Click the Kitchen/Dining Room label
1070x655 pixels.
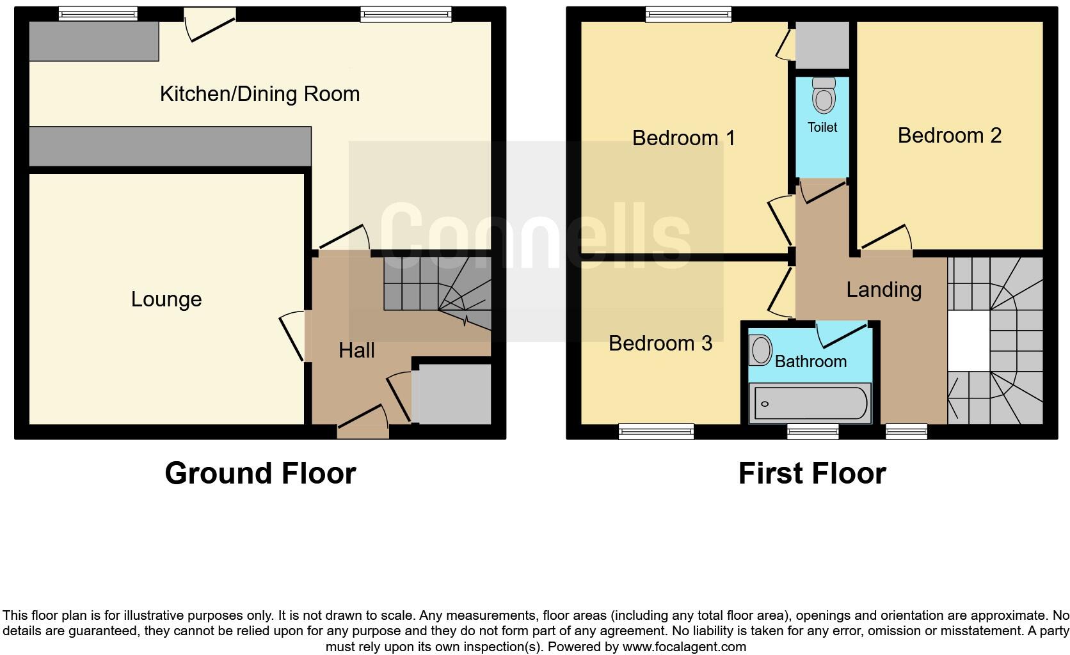point(259,94)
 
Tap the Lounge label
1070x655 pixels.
point(166,299)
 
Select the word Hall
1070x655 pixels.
point(356,350)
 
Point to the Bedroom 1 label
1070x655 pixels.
point(683,138)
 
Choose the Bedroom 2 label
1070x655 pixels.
point(949,135)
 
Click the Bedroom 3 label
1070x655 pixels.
point(660,343)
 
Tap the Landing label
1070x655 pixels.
point(884,290)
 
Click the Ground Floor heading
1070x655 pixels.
point(260,473)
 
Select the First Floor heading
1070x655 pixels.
point(812,473)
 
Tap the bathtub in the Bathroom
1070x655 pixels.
point(810,404)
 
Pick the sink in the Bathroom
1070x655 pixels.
point(760,351)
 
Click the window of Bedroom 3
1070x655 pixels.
point(656,432)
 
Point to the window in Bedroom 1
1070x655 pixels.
point(688,14)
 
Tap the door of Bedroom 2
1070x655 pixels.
point(885,239)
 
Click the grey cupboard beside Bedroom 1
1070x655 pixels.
point(822,44)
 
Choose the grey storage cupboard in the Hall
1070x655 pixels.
point(451,393)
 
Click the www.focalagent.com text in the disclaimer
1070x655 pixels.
point(684,647)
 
